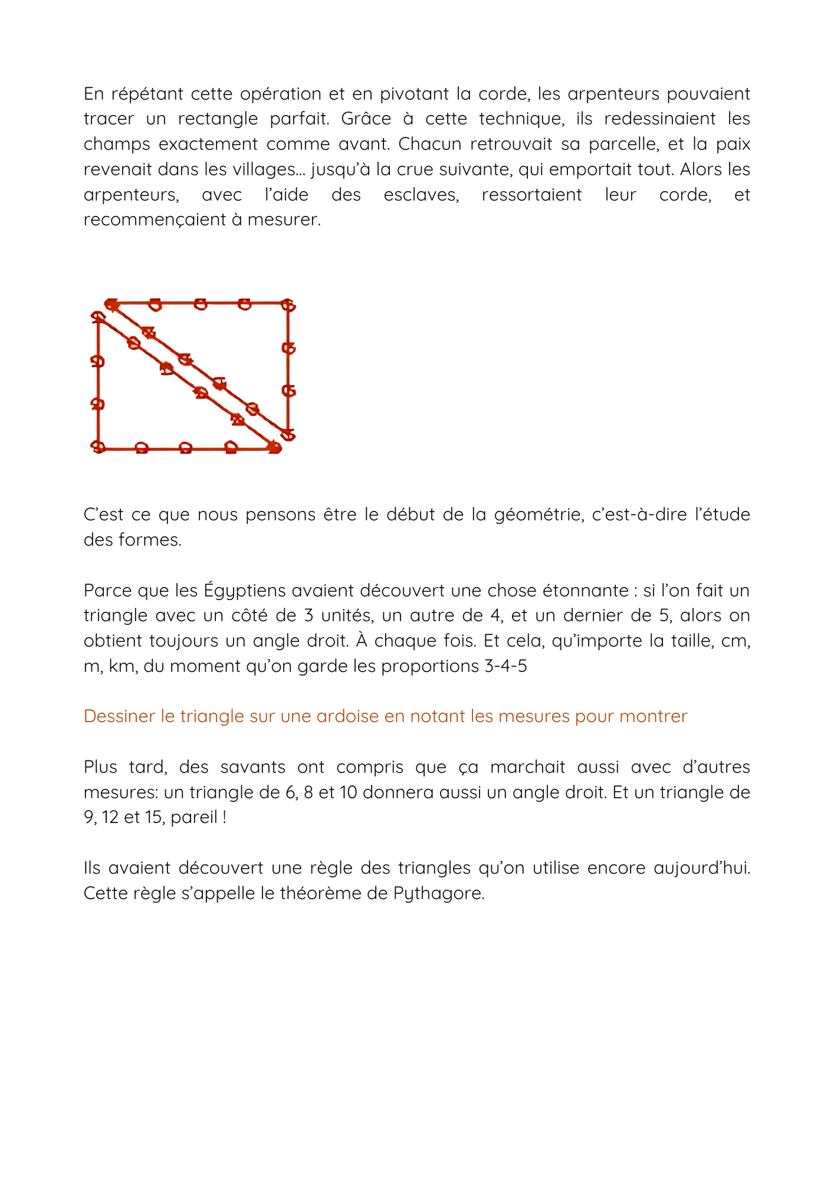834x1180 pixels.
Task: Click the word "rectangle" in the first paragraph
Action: coord(218,119)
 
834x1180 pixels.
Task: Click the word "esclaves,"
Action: coord(421,195)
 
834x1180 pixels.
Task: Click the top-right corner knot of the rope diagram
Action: coord(288,305)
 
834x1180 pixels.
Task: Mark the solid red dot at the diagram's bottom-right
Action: coord(274,447)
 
